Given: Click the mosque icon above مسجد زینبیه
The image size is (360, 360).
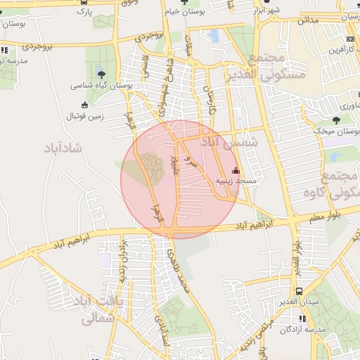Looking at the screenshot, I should tap(236, 170).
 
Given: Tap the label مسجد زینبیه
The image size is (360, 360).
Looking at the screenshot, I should tap(236, 181).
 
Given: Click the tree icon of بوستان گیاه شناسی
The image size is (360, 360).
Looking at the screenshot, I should tap(101, 74).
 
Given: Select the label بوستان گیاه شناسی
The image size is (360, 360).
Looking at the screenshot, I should tap(101, 86).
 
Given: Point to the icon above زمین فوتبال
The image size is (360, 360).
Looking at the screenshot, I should tap(85, 105).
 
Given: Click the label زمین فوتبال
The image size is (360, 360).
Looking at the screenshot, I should tap(85, 116).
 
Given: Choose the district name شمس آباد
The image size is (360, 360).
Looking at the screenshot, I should tap(234, 142).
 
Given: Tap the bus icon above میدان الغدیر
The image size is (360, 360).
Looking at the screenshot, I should tap(300, 290).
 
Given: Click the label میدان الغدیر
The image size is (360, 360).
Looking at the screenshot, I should tap(299, 302).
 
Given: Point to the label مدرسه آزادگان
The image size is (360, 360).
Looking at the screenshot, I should tap(302, 329).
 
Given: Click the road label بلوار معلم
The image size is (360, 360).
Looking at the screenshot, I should tap(325, 218).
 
